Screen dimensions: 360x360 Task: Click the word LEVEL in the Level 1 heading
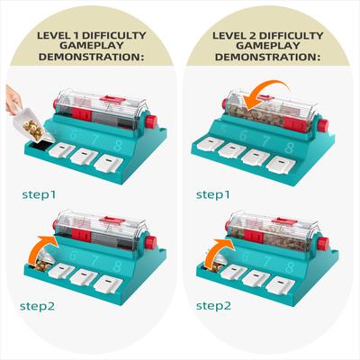click(53, 35)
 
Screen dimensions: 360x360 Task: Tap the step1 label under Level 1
click(39, 195)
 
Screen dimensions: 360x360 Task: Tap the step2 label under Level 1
click(38, 306)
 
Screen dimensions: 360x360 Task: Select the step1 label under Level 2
click(212, 195)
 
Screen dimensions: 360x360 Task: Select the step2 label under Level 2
click(213, 306)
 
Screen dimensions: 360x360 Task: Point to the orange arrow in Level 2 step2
click(219, 250)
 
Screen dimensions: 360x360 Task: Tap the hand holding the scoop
click(13, 100)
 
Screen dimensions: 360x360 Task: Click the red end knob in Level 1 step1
click(151, 121)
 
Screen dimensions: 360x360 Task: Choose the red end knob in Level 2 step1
click(322, 125)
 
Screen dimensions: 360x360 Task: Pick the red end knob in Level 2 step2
click(322, 243)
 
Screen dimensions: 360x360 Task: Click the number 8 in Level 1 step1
click(118, 145)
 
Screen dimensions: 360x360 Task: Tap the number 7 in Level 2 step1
click(265, 141)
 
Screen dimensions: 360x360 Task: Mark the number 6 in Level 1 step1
click(74, 135)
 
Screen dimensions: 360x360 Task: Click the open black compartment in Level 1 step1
click(39, 146)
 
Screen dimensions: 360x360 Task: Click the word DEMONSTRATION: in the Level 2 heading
click(267, 57)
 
